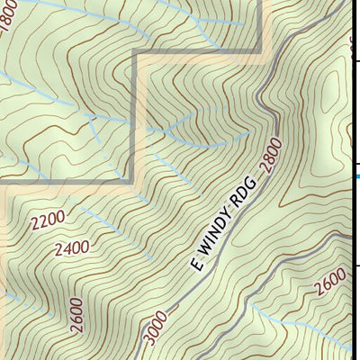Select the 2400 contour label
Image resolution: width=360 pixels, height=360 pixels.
(x=73, y=247)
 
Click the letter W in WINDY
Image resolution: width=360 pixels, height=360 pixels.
(x=203, y=252)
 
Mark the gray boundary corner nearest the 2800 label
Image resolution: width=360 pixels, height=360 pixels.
(x=262, y=51)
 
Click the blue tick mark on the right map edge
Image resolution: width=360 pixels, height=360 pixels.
(x=356, y=176)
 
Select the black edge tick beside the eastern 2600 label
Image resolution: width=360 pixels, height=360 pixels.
(x=356, y=265)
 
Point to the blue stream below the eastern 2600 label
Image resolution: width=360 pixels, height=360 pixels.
(x=297, y=326)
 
